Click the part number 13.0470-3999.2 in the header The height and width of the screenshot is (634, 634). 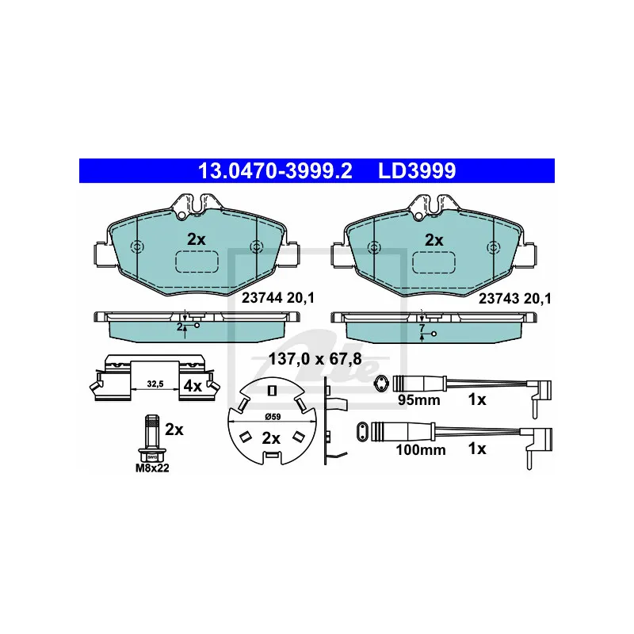275,170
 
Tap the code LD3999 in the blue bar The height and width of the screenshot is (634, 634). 417,170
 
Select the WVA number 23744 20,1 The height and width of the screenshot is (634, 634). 278,299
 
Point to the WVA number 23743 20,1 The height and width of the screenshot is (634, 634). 514,299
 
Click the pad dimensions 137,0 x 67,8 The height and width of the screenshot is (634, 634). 315,359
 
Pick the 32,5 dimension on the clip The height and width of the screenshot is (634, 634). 155,384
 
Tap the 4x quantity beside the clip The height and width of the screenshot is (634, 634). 193,386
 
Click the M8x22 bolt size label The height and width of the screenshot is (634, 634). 152,468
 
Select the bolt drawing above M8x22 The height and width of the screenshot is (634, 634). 151,438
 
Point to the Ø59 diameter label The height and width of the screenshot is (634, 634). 273,417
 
